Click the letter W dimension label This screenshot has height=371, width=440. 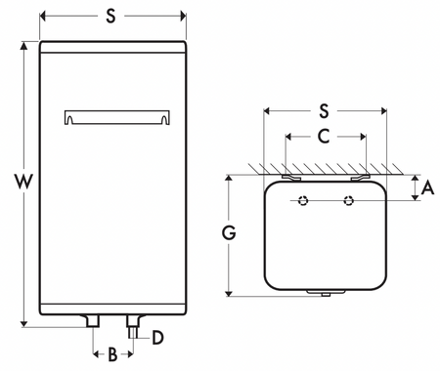(x=24, y=182)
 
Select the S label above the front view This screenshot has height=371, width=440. (x=110, y=16)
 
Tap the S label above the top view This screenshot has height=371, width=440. (x=324, y=111)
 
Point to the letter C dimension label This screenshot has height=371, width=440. (x=324, y=136)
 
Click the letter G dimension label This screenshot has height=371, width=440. (x=229, y=233)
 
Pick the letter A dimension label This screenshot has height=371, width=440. (x=427, y=187)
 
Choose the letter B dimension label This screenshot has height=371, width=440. (x=112, y=354)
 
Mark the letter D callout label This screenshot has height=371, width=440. (x=157, y=338)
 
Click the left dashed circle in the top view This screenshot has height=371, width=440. (x=303, y=200)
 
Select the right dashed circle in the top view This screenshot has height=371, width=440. (x=349, y=200)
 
